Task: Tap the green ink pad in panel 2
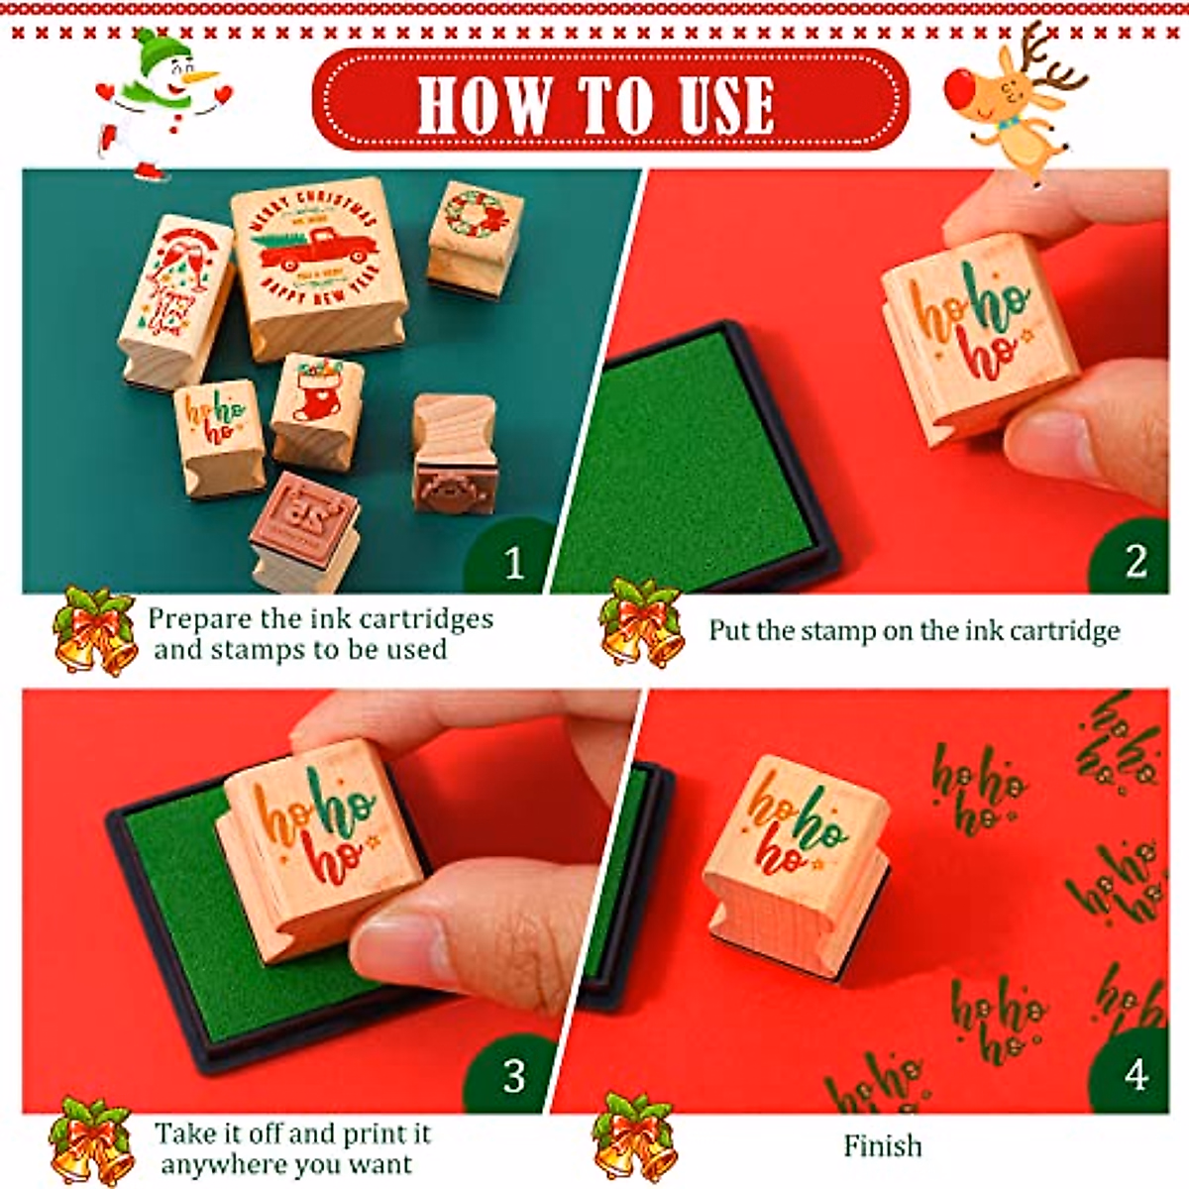(x=684, y=466)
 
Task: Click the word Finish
(x=882, y=1146)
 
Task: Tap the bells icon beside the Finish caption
(x=634, y=1137)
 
